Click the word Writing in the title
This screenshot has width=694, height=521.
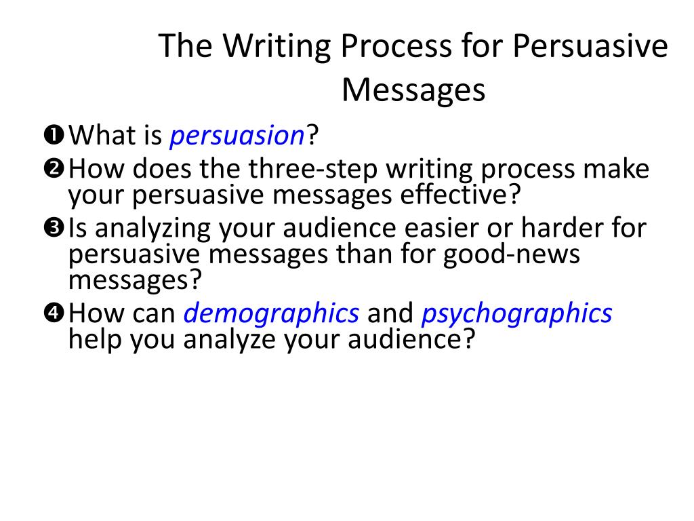click(277, 46)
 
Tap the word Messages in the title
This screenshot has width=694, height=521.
click(413, 90)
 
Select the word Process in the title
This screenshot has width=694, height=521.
click(396, 46)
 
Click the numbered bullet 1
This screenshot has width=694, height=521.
click(54, 135)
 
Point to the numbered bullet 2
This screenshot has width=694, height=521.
click(54, 168)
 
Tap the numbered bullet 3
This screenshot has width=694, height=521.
click(54, 228)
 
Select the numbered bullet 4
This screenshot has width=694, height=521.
click(54, 313)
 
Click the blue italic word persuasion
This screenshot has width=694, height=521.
click(237, 136)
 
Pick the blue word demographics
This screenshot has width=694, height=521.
click(271, 314)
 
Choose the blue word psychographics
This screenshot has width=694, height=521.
click(516, 314)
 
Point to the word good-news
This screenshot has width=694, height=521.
click(511, 255)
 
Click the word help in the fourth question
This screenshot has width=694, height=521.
click(95, 340)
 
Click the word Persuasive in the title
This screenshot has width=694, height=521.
click(590, 46)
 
